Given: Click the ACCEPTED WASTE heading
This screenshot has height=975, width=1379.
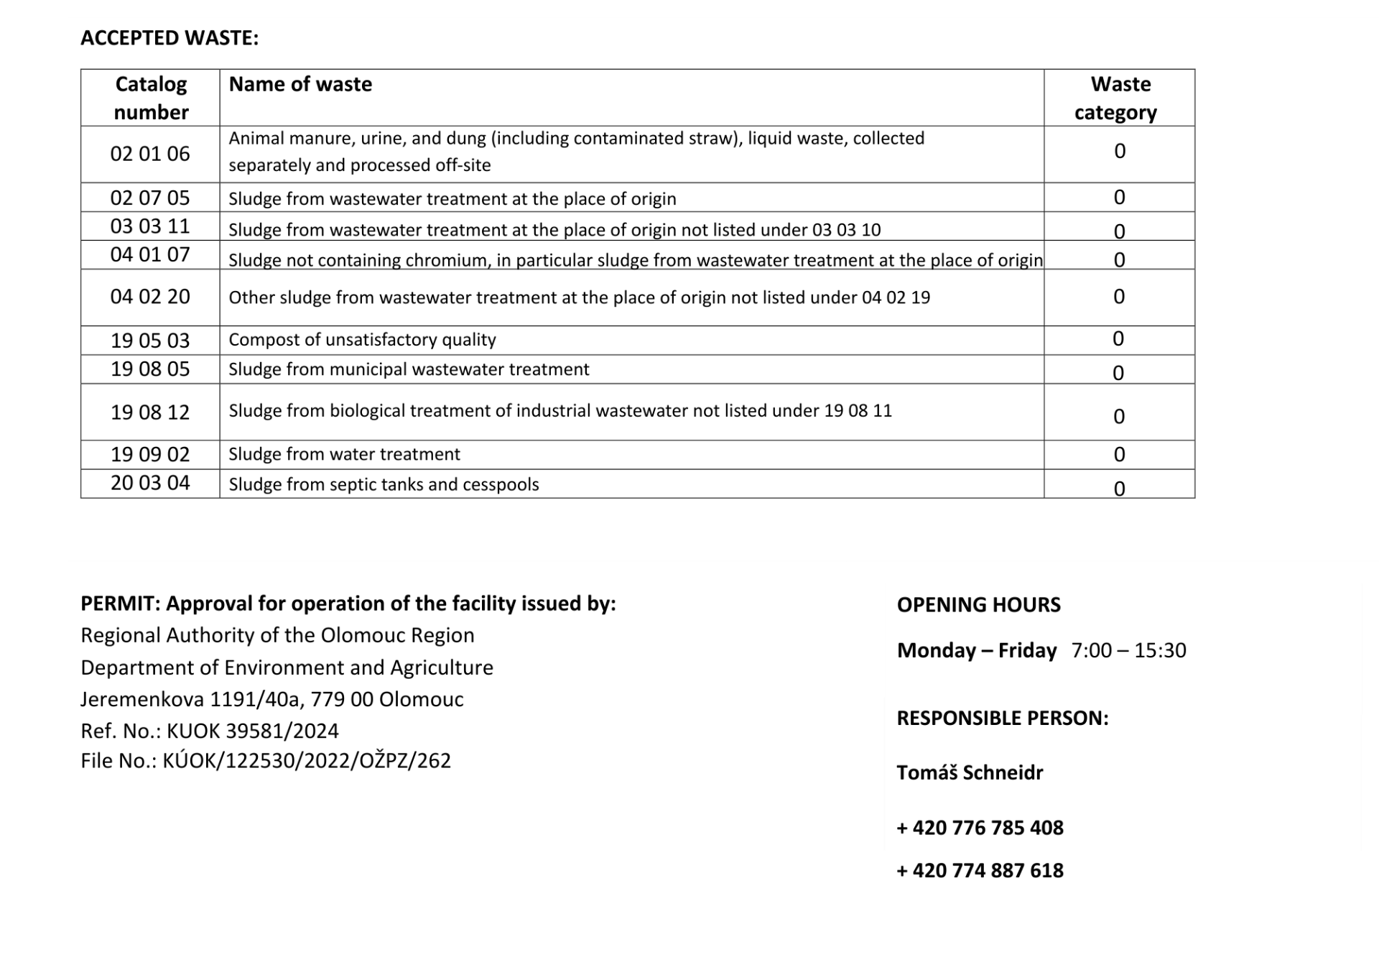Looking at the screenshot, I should pos(170,38).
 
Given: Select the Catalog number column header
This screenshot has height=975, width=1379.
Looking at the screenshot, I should pos(151,98).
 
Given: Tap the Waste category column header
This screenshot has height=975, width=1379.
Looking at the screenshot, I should pos(1118,98).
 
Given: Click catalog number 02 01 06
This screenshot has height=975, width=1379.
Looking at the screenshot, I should pos(150,154).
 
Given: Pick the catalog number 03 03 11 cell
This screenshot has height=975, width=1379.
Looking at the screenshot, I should pos(150,226).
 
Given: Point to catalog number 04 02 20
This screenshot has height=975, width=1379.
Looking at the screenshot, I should pos(150,297).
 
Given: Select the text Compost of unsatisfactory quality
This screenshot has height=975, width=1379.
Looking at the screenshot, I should pos(362,340).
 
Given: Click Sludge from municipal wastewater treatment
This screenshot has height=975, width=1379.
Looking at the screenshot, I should pos(409,369).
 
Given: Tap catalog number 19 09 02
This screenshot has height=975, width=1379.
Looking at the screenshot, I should pos(150,454).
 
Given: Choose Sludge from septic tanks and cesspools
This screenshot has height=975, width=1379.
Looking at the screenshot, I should pos(384,484).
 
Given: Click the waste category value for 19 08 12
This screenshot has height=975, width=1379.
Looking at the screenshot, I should pos(1118,416).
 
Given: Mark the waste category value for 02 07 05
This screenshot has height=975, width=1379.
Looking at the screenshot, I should pos(1118,198).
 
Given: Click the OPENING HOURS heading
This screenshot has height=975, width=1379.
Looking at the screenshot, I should pos(978,605).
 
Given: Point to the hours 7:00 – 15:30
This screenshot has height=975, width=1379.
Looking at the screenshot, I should pos(1128,650).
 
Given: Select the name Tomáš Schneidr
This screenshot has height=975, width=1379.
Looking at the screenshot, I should pos(970,773).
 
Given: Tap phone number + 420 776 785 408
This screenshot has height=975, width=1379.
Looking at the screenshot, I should pos(980,828).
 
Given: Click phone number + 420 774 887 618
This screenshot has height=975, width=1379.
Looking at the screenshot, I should pos(980,871).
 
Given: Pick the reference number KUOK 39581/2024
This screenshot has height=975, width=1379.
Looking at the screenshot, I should pos(252,731).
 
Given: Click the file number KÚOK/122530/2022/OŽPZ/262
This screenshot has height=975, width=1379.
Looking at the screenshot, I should pos(307,761).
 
